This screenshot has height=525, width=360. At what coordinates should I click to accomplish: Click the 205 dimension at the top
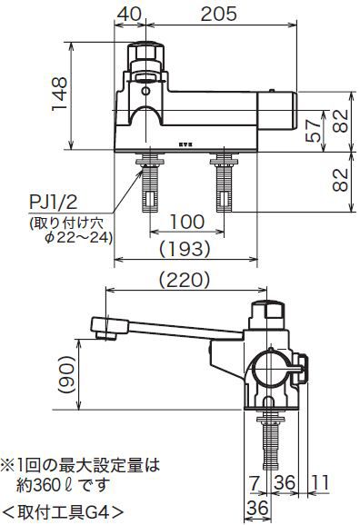coord(218,14)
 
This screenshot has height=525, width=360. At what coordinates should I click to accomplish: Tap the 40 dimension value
coord(129,14)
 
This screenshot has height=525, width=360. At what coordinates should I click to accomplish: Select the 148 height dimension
coord(60,94)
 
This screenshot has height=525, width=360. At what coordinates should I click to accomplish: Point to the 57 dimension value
coord(314,131)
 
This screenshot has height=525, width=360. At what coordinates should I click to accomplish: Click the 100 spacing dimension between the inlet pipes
coord(187,222)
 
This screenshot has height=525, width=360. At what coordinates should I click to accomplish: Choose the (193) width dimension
coord(185,249)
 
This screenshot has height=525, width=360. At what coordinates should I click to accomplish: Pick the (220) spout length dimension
coord(185,280)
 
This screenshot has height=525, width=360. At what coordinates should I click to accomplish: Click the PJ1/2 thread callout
coord(54,203)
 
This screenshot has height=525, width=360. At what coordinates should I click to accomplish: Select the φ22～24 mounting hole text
coord(78,238)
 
